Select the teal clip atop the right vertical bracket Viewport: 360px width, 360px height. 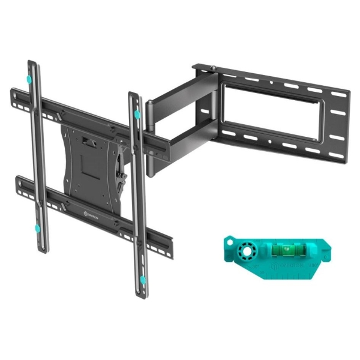[137, 113]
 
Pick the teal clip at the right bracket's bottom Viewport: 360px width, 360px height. [143, 277]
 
